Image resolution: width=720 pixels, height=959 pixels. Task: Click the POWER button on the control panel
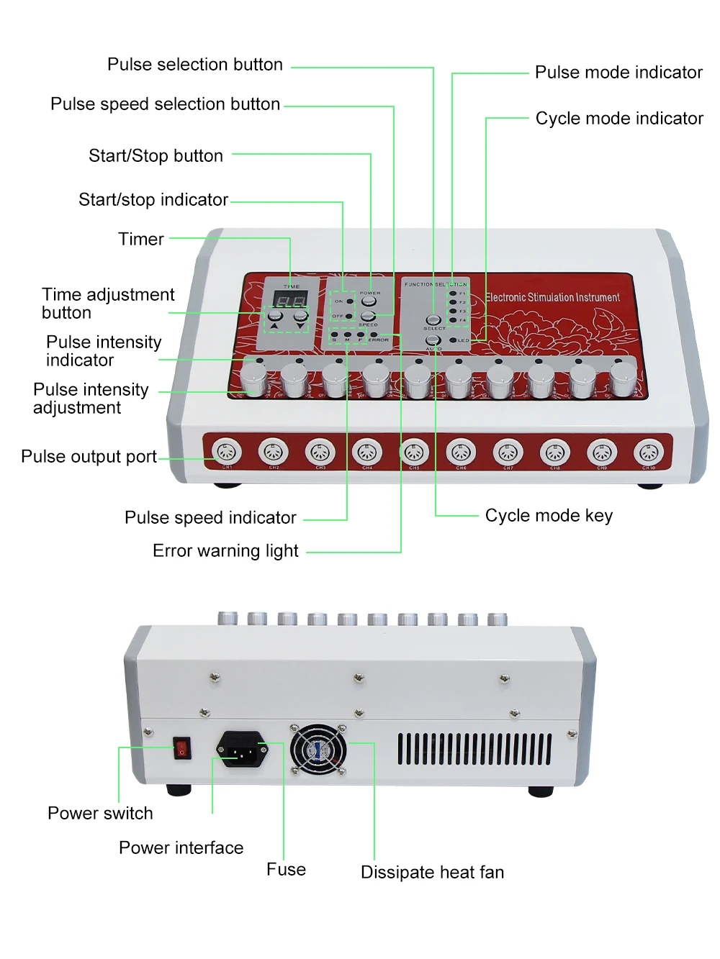tap(369, 301)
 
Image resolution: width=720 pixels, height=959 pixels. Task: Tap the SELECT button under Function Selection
tap(433, 319)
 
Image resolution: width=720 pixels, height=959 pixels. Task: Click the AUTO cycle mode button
tap(433, 340)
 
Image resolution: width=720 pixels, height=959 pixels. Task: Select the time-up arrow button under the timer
tap(275, 316)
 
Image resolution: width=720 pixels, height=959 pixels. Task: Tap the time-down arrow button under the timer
tap(300, 316)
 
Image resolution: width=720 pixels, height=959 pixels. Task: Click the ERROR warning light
tap(374, 334)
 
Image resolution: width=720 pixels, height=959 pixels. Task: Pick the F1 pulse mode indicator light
tap(453, 294)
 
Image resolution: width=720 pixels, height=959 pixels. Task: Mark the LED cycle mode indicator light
tap(453, 340)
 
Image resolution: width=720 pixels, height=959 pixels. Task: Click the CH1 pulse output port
tap(227, 453)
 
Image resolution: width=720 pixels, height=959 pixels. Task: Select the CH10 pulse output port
tap(649, 453)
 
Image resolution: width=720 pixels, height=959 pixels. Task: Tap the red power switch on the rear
tap(182, 749)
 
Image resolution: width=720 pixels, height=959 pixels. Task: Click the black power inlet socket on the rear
tap(241, 750)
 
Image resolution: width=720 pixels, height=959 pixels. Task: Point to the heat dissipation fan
tap(318, 750)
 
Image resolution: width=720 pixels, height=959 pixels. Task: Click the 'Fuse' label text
tap(286, 869)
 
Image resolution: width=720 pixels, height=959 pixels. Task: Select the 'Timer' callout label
tap(141, 239)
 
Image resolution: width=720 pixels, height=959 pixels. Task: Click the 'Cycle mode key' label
tap(549, 516)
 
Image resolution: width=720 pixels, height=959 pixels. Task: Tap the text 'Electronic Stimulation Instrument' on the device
tap(552, 297)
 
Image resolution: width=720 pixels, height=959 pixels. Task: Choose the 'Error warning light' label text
tap(225, 551)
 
